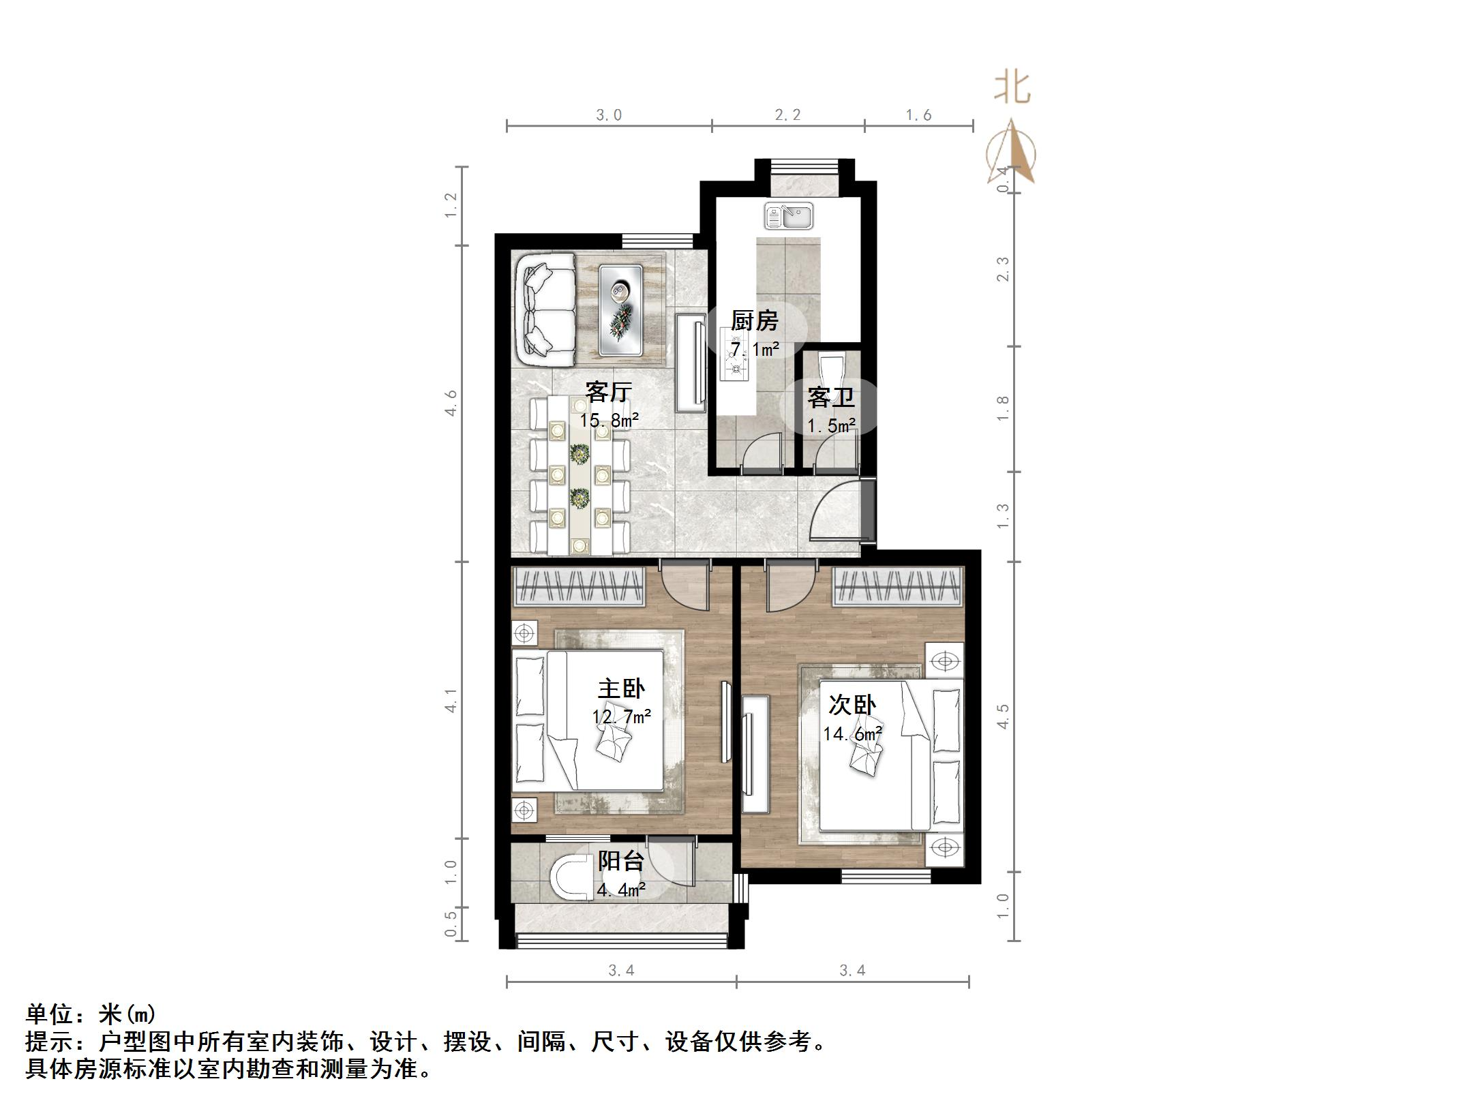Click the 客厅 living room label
click(x=608, y=392)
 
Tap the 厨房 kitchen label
click(x=754, y=320)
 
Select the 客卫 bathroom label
click(x=830, y=397)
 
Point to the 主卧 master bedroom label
click(x=620, y=688)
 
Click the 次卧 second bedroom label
click(x=852, y=705)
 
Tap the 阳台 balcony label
click(x=620, y=861)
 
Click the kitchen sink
click(x=788, y=216)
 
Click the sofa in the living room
click(x=545, y=311)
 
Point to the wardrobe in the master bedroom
click(x=578, y=586)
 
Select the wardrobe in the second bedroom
click(x=898, y=586)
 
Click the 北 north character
click(x=1012, y=89)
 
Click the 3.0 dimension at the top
click(x=609, y=115)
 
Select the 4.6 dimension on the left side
click(x=451, y=403)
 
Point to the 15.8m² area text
click(x=609, y=420)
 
